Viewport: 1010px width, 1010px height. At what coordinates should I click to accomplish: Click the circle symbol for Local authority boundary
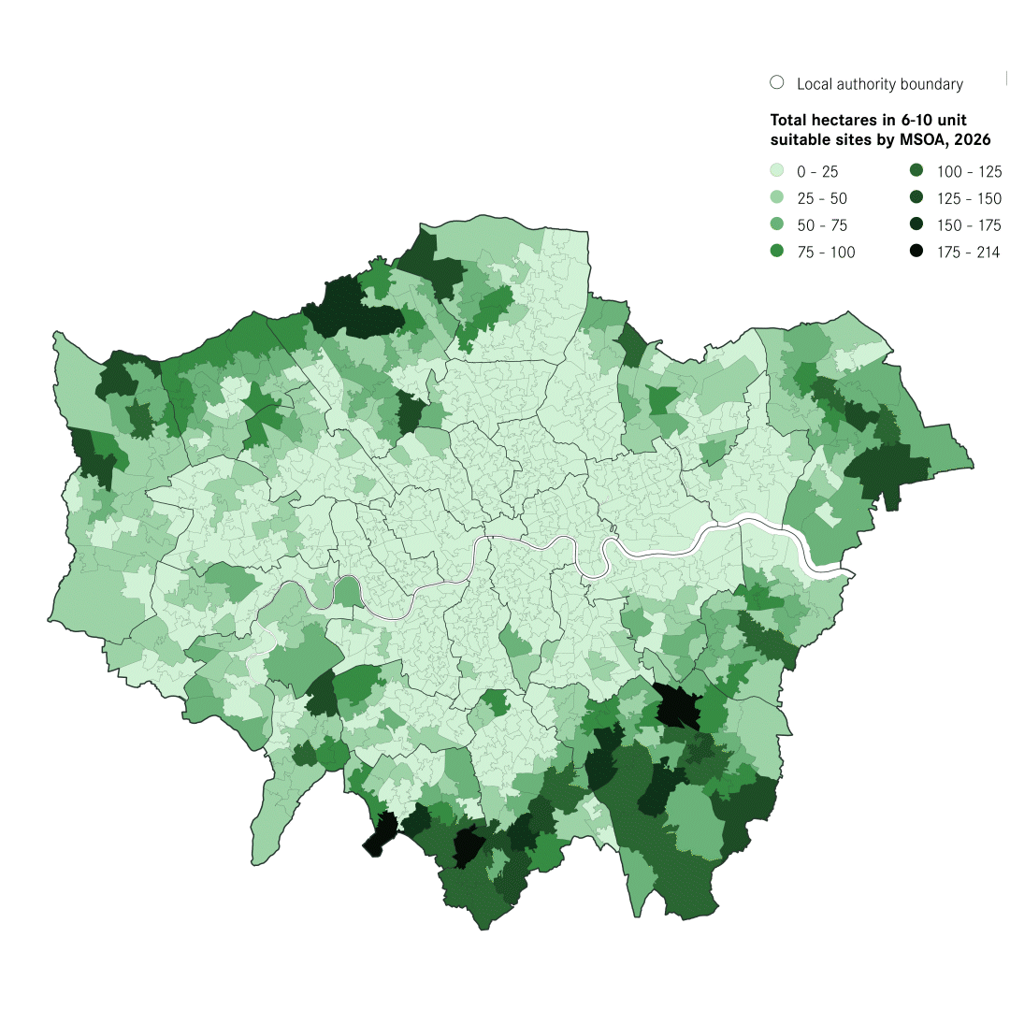[x=776, y=83]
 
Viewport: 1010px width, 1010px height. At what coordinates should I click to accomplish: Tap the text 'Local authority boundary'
[x=879, y=84]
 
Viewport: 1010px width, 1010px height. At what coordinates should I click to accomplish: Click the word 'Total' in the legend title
[x=788, y=121]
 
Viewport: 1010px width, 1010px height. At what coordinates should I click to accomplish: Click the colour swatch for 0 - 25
[x=776, y=171]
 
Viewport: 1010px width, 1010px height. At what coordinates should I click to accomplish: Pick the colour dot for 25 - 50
[x=776, y=198]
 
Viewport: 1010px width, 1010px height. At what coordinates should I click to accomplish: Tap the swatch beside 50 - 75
[x=776, y=225]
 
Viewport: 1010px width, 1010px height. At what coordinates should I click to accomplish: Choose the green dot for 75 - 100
[x=776, y=252]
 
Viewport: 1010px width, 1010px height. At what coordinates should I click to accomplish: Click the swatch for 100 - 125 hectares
[x=916, y=171]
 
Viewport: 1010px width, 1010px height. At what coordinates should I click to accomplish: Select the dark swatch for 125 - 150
[x=916, y=198]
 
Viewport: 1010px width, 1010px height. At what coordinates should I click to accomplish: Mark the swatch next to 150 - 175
[x=916, y=225]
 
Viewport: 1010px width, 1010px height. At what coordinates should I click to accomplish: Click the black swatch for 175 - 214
[x=916, y=252]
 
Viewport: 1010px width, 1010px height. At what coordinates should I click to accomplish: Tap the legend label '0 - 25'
[x=817, y=172]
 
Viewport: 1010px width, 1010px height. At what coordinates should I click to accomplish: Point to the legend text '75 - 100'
[x=826, y=252]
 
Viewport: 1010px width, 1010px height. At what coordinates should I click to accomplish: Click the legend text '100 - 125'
[x=969, y=172]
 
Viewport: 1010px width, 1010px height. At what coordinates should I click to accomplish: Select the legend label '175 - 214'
[x=969, y=252]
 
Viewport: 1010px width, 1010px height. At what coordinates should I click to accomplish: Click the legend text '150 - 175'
[x=969, y=225]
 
